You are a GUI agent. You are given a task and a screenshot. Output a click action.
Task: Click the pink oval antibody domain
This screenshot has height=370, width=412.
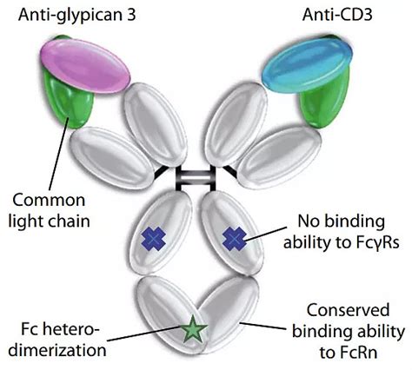[x=85, y=66]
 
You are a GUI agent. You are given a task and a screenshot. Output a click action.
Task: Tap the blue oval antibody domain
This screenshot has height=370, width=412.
[x=307, y=65]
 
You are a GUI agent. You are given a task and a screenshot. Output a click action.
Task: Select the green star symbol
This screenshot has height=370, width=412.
[x=194, y=328]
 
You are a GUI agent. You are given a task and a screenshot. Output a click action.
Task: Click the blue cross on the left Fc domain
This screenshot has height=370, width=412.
[x=153, y=239]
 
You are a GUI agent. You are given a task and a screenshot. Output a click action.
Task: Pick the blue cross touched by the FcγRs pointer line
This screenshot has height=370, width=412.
[x=235, y=239]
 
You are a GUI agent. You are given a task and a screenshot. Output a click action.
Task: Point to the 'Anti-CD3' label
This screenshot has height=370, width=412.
[x=337, y=15]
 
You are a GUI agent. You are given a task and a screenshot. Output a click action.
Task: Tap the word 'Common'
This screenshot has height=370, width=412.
[x=49, y=200]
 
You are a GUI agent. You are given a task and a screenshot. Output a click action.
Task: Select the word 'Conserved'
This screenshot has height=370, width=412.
[x=348, y=310]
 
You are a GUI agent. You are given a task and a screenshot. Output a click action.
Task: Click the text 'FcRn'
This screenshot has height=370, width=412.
[x=359, y=353]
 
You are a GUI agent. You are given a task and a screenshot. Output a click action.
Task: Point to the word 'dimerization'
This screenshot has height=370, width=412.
[x=57, y=350]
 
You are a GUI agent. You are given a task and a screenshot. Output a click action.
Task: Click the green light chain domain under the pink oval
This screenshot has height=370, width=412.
[x=69, y=96]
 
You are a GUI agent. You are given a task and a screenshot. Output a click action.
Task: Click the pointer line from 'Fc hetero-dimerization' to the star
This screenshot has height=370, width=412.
[x=146, y=334]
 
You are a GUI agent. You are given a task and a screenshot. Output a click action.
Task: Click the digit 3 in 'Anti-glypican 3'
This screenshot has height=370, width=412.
[x=131, y=15]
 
